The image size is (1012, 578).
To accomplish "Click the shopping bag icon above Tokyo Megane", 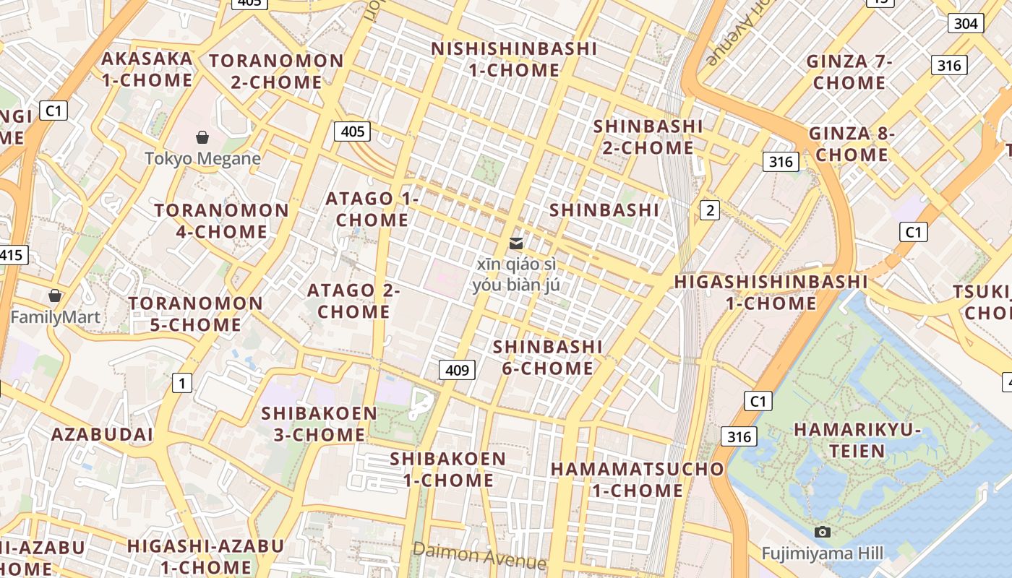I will tap(202, 137).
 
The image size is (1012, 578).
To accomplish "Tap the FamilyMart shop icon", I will tap(54, 296).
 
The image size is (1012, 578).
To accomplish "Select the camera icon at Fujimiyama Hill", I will tap(822, 532).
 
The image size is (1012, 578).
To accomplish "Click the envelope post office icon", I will tap(516, 243).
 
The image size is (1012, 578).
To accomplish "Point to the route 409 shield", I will tap(457, 371).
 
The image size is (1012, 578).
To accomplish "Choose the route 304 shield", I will tap(966, 23).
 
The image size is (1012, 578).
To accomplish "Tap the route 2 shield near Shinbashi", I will tap(710, 210).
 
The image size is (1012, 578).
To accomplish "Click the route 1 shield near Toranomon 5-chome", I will tap(181, 384).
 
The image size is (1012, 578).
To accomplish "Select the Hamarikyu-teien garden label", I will tap(857, 440).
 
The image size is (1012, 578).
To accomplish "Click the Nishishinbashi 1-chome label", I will tap(514, 59).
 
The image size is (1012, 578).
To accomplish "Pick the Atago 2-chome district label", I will tap(353, 301).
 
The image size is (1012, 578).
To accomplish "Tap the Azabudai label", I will tap(102, 434).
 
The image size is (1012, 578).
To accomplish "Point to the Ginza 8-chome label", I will tap(852, 144).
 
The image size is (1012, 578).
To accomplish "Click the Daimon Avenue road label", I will tap(479, 556).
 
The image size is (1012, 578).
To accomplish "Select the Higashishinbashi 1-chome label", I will tap(771, 292).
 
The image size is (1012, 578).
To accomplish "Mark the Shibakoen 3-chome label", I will tap(319, 424).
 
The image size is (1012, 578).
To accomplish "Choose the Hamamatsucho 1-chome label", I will tap(638, 479).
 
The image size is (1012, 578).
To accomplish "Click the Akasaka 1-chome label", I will tap(147, 69).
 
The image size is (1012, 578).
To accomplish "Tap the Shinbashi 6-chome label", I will tap(548, 358).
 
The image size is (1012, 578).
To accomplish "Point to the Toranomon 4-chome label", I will tap(221, 221).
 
